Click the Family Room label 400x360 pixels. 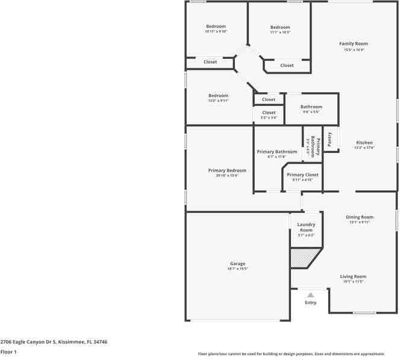(x=353, y=44)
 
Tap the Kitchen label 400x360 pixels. (x=364, y=143)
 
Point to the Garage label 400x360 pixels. (x=237, y=264)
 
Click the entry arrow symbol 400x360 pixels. (x=310, y=295)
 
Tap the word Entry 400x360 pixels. (x=310, y=303)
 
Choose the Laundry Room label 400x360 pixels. (x=306, y=227)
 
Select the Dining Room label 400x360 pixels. (x=360, y=217)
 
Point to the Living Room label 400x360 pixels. (x=354, y=276)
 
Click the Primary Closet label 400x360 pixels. (x=302, y=175)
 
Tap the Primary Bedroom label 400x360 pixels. (x=227, y=170)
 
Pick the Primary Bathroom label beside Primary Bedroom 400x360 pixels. (x=277, y=152)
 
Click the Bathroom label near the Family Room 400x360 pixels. (x=311, y=107)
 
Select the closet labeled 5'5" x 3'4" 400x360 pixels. (x=269, y=113)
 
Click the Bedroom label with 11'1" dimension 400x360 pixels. (x=280, y=27)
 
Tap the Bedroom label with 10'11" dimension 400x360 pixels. (x=216, y=26)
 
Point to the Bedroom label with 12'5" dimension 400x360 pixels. (x=218, y=96)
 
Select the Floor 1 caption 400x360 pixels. (x=8, y=352)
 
